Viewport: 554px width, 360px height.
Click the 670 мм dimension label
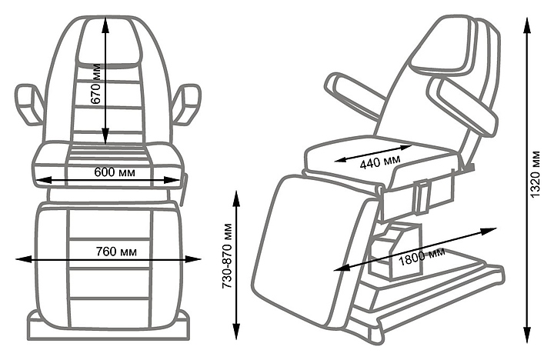coord(96,95)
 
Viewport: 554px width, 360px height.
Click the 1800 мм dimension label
coord(422,258)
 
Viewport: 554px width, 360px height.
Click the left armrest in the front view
coord(28,105)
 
